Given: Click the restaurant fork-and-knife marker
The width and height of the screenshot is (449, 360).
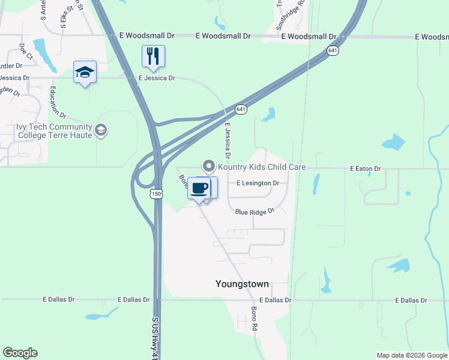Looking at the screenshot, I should coord(153,56).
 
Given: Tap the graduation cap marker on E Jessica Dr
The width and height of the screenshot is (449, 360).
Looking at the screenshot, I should coord(85,73).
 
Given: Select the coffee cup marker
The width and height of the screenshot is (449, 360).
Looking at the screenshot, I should coord(199,188).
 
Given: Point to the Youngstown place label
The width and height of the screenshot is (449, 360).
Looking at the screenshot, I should coord(242,284).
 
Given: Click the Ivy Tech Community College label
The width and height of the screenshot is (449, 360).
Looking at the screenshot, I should coord(54,131).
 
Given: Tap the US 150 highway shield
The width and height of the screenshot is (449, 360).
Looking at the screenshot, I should coord(156,194).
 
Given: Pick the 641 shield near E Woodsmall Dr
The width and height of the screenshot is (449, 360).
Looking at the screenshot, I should coord(333,50).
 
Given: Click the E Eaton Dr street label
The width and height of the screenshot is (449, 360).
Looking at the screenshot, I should coord(366,169).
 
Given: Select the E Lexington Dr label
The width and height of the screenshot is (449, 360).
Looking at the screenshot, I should coord(258,183).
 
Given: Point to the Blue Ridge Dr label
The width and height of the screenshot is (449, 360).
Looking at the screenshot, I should coord(255,212).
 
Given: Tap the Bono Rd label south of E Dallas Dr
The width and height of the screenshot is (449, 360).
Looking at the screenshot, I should coord(254,320).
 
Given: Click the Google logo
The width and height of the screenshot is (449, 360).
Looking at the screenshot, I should coord(20,353).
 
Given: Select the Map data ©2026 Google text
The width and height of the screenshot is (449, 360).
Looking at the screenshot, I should coord(411,355).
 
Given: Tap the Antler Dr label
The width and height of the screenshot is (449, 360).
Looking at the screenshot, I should coord(11,65).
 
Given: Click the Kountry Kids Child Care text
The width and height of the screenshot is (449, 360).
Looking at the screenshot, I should coord(262,167).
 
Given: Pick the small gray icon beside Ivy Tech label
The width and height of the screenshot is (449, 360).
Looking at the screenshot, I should coord(101,130).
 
